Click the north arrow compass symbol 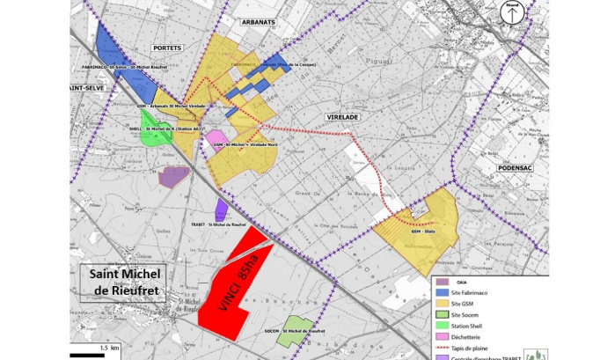(511, 13)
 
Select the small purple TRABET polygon (221, 209)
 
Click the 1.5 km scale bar (89, 355)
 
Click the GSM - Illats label (424, 231)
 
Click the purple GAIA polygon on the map (173, 177)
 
